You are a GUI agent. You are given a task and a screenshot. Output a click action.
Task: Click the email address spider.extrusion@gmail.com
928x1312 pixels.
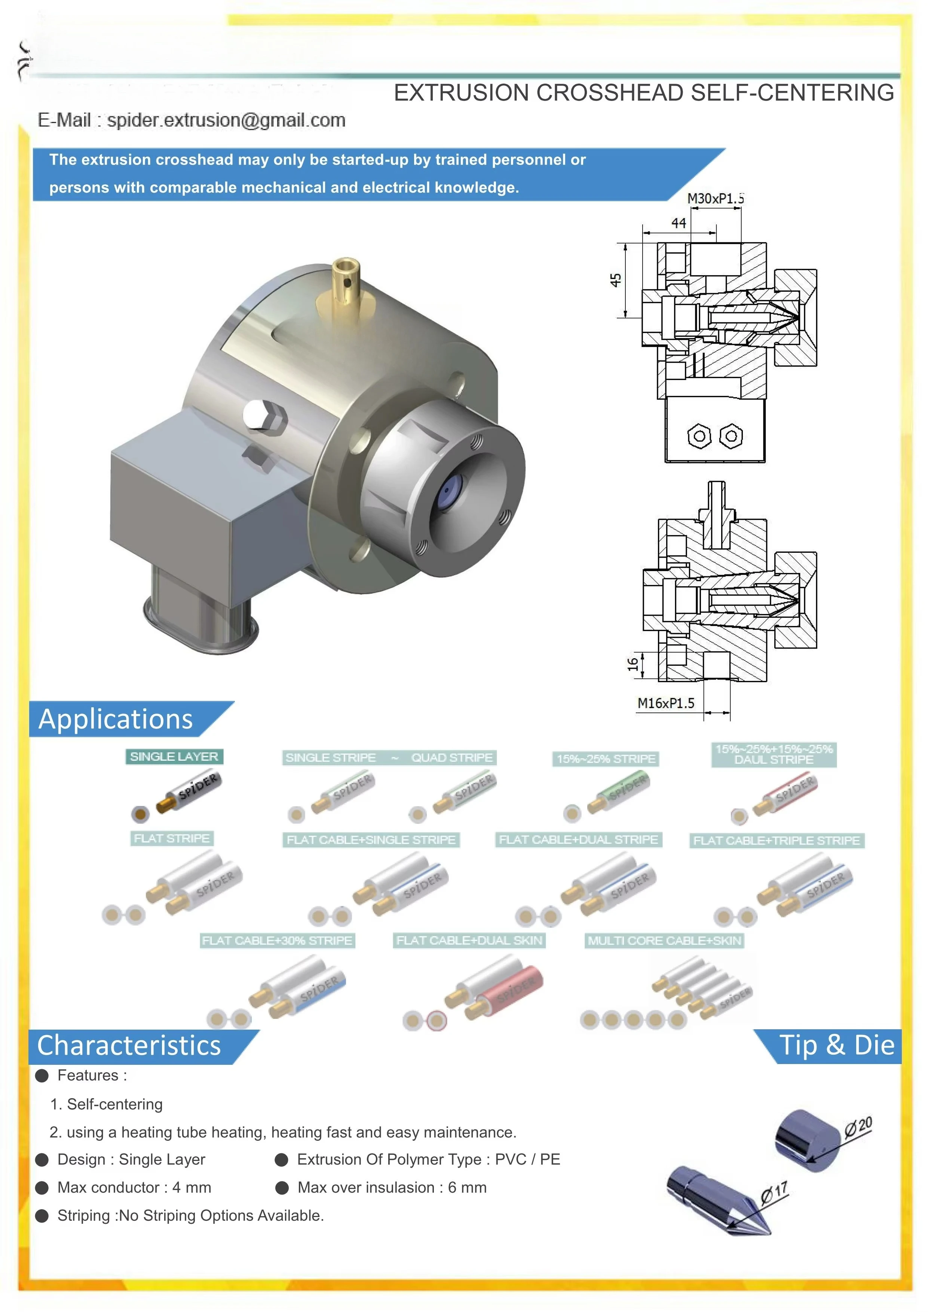(x=226, y=120)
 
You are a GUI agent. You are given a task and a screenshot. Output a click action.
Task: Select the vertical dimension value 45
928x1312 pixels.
(x=615, y=280)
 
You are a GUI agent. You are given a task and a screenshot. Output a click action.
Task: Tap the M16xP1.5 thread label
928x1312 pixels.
(x=666, y=703)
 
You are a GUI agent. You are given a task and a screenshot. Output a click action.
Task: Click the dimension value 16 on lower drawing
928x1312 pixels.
(x=633, y=664)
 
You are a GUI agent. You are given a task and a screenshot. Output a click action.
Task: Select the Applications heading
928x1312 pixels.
(x=116, y=719)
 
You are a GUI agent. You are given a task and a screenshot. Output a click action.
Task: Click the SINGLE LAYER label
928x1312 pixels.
(x=174, y=757)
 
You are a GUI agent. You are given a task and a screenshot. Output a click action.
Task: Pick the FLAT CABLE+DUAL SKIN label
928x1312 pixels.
(x=469, y=941)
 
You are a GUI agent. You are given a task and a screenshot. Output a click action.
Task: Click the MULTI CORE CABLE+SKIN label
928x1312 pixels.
(x=665, y=941)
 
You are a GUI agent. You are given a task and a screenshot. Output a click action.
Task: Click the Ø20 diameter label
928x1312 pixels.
(x=858, y=1126)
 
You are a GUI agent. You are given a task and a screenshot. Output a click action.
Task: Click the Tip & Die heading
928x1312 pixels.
(x=837, y=1045)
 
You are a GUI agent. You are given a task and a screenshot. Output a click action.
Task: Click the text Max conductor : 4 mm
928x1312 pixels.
(x=134, y=1187)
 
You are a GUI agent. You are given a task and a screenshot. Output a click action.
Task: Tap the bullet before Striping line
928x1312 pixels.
(x=42, y=1216)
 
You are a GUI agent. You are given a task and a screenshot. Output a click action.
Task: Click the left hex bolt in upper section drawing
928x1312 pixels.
(x=699, y=436)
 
